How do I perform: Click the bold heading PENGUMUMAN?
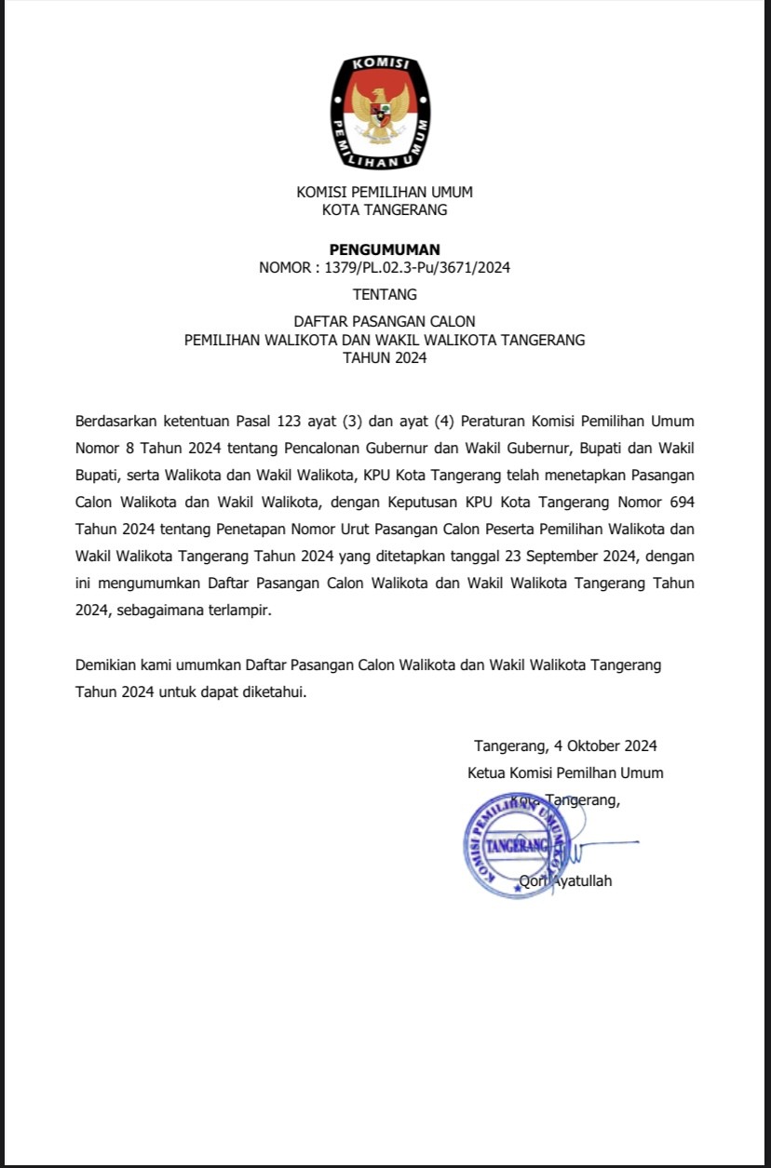(x=385, y=249)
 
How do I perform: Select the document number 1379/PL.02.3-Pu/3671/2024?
(x=417, y=268)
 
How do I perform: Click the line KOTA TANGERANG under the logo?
(x=385, y=210)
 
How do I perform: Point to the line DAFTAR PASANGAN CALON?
(x=385, y=322)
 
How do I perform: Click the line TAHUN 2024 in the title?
(x=385, y=357)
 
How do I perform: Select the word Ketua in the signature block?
(x=486, y=772)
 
